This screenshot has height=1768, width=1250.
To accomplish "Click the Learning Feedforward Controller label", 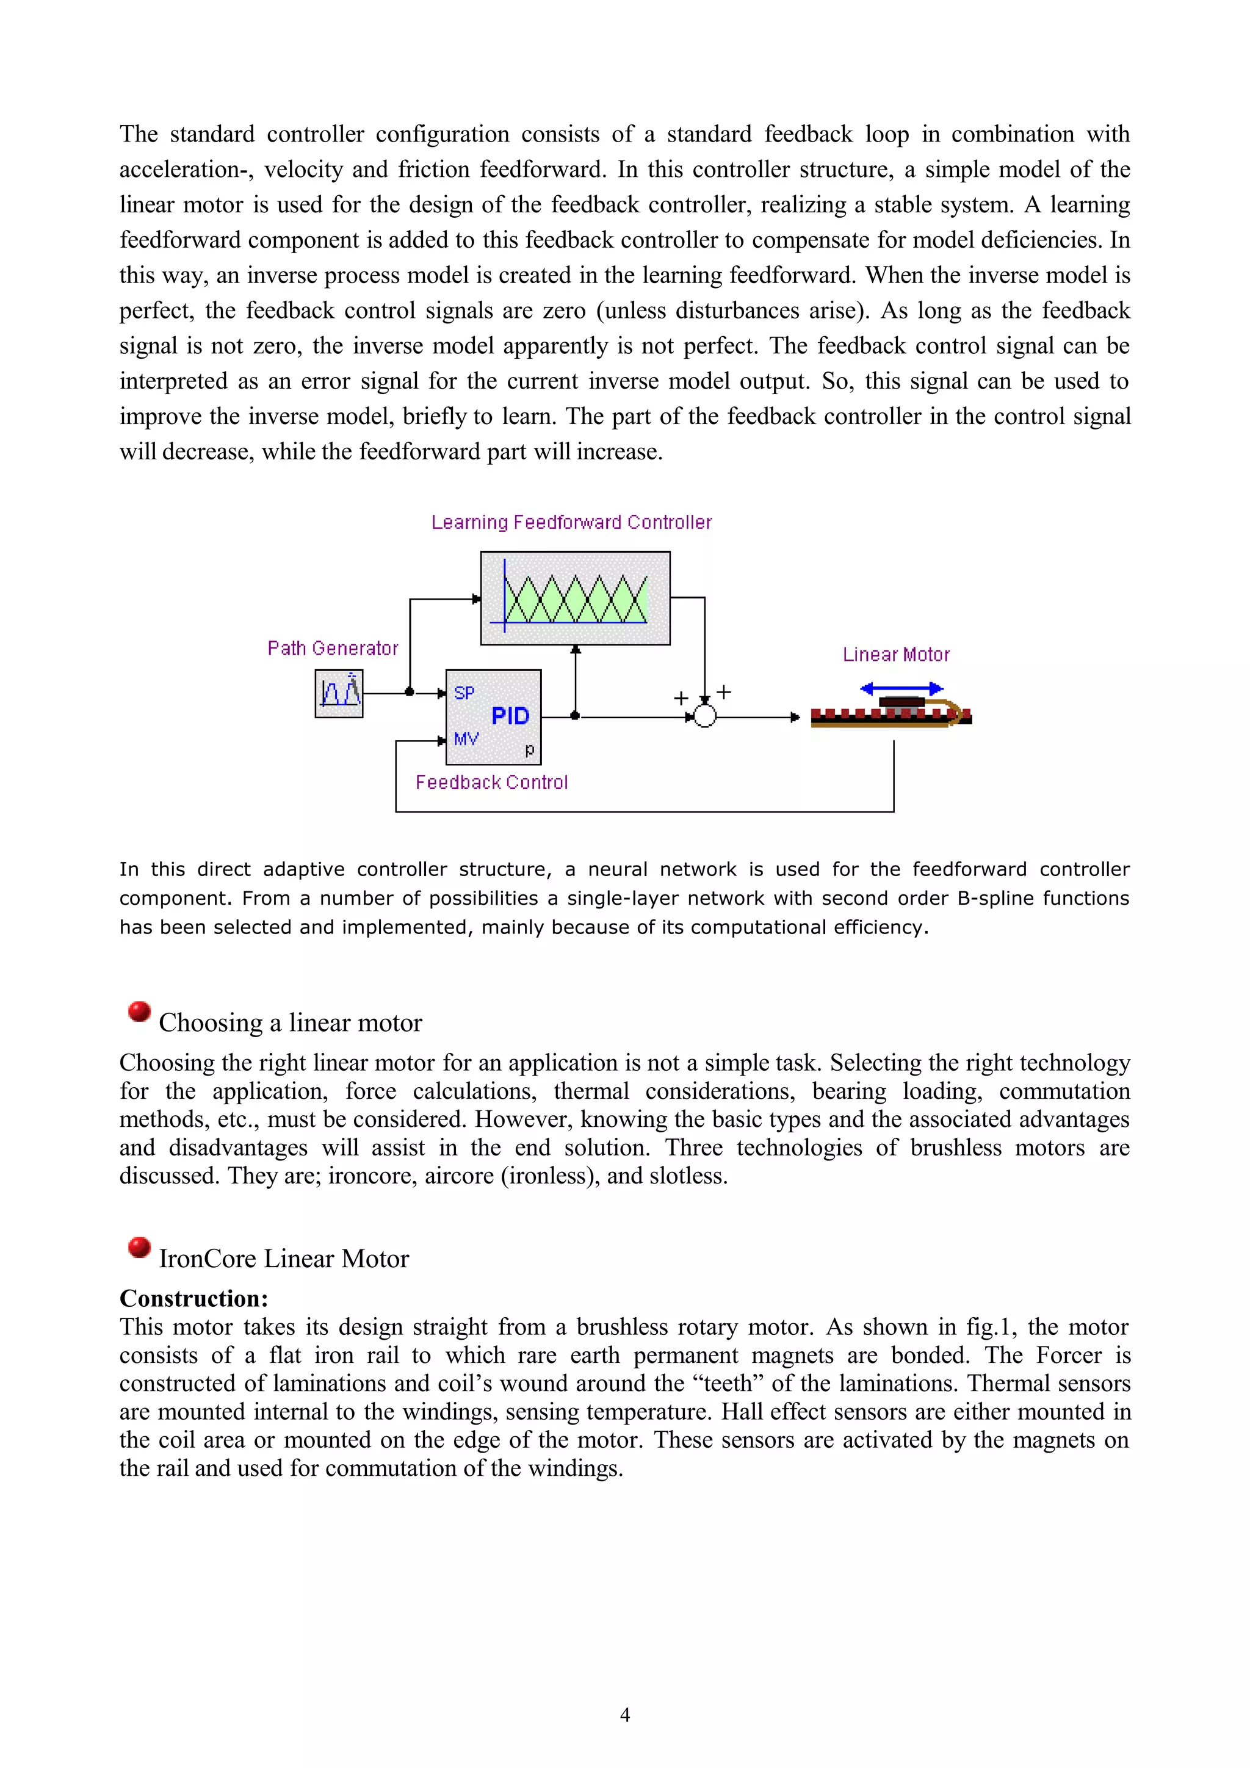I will coord(571,522).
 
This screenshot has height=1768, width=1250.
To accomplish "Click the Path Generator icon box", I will coord(339,693).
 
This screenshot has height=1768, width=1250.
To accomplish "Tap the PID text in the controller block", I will coord(510,716).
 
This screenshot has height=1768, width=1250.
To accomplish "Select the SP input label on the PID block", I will coord(464,693).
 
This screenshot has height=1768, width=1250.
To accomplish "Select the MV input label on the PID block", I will coord(466,739).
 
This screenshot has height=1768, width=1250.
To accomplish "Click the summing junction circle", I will coord(705,717).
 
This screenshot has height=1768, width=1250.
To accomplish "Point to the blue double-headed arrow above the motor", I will coord(901,688).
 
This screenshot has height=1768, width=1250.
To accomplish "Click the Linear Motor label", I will coord(896,655).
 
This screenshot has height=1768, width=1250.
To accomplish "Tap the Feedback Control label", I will coord(491,782).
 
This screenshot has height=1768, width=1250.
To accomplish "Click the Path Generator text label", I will coord(333,649).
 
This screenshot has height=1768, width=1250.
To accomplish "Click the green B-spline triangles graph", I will coord(576,598).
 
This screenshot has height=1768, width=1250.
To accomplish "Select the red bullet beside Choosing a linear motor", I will coord(139,1011).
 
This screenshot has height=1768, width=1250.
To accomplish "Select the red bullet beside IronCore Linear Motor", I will coord(139,1246).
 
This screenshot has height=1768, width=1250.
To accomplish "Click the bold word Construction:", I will coord(193,1299).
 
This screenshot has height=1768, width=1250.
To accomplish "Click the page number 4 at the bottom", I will coord(624,1714).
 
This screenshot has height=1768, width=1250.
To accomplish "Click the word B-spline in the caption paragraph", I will coord(999,899).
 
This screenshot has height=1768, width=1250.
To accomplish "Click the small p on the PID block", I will coord(529,749).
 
